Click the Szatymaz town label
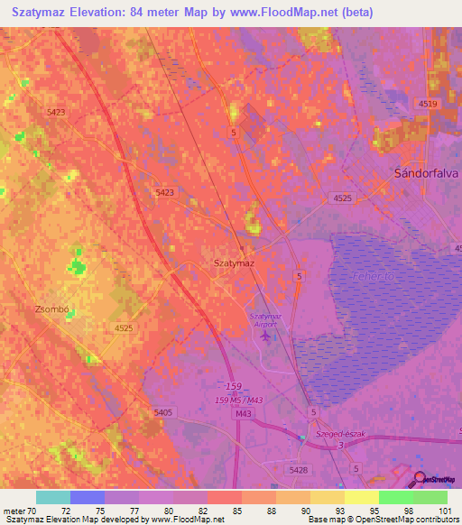click(233, 262)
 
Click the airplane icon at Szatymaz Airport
click(263, 336)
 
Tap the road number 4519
click(428, 105)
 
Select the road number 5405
click(163, 412)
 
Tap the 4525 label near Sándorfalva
click(341, 198)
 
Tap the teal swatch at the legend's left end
click(52, 497)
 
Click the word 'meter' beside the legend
click(15, 511)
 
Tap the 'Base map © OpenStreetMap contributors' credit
click(383, 520)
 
